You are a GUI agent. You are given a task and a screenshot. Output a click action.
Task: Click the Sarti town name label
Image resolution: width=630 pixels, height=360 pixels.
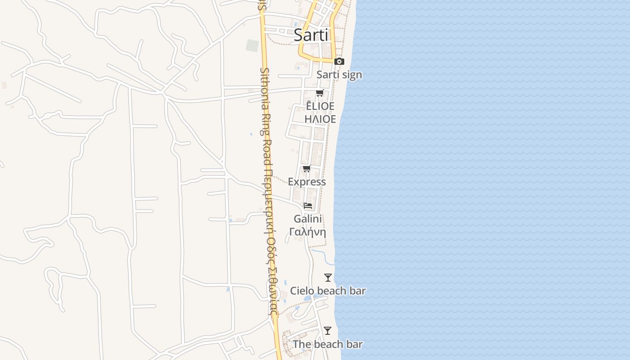coord(311,35)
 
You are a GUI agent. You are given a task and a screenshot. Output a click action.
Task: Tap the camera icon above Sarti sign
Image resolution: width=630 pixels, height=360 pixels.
coord(339,61)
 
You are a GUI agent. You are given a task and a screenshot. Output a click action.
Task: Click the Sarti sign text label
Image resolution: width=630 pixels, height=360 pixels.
coord(339,75)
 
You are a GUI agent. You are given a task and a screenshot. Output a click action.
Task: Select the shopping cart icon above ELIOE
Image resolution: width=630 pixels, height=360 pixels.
coord(319,93)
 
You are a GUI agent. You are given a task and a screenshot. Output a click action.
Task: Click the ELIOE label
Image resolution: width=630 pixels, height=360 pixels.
coord(320,106)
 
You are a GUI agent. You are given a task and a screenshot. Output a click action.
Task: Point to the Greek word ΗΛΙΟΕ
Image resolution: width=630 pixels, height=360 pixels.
coord(320,119)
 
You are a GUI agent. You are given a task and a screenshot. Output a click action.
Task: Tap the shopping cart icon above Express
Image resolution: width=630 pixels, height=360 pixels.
coord(306,168)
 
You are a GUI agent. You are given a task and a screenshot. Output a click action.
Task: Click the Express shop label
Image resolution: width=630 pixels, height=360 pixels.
coord(307,182)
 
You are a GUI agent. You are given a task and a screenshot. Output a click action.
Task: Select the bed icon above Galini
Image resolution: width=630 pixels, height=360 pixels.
coord(308,205)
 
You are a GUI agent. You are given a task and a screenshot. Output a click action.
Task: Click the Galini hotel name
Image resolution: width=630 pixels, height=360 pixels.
coord(308,219)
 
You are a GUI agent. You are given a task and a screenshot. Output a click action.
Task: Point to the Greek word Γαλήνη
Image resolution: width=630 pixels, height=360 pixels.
coord(308,232)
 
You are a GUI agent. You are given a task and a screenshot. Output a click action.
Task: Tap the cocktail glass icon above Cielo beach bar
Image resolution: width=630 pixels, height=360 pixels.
coord(328,278)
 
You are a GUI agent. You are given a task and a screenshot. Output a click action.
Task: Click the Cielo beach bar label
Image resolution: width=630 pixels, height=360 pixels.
coord(328,291)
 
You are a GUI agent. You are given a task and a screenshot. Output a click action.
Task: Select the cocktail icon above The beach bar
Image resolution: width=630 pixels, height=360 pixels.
coord(328,331)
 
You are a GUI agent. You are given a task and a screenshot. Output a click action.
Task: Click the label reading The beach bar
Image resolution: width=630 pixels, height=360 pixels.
coord(328,344)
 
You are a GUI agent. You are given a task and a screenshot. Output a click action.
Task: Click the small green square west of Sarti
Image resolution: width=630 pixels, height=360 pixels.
coord(252,45)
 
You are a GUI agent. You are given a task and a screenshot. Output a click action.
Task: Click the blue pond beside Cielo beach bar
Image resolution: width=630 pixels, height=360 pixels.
coord(309,298)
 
